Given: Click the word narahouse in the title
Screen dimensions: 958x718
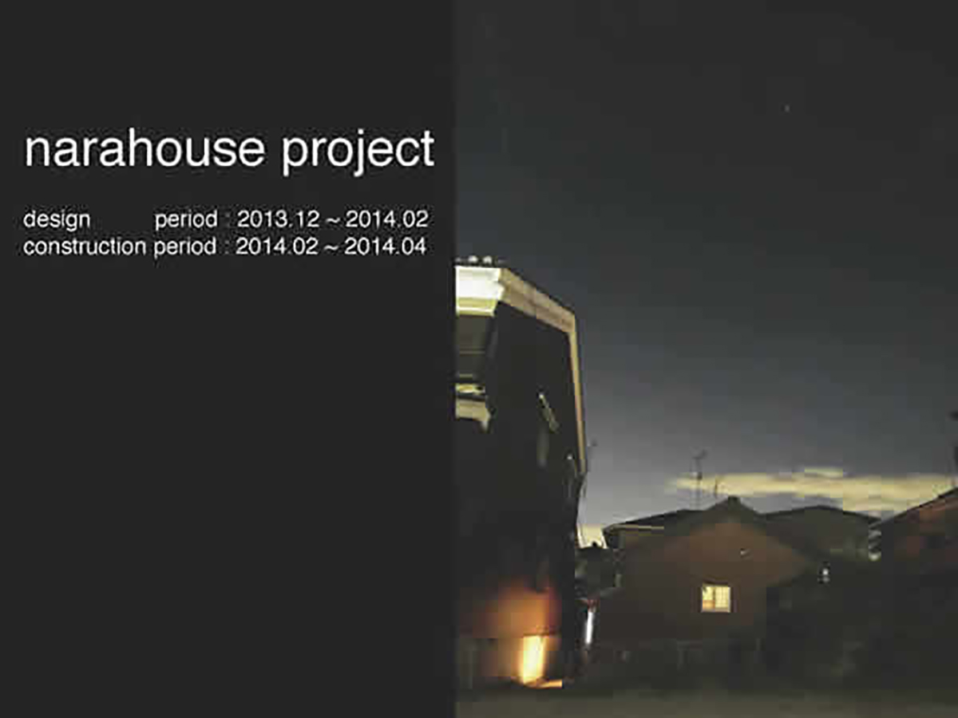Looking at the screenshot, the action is tap(144, 148).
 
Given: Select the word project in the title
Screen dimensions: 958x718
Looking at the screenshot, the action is tap(358, 152).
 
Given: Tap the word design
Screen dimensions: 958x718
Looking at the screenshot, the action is tap(57, 219).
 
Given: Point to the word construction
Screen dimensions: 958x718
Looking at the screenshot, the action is tap(85, 247).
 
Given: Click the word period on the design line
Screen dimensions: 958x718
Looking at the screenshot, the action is tap(186, 219).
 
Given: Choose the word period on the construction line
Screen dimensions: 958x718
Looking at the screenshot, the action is tap(185, 247).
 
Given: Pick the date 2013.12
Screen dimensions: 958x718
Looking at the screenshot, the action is tap(279, 219).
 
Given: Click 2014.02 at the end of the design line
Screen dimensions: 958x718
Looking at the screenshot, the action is tap(386, 219).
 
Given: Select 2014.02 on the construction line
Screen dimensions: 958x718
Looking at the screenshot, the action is tap(277, 247).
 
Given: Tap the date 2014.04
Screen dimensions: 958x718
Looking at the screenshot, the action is tap(386, 247).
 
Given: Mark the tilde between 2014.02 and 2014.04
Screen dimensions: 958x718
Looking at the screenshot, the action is tap(331, 248).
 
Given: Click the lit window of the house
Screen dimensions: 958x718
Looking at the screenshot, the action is tap(716, 598).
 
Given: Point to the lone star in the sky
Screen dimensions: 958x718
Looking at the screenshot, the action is tap(787, 108).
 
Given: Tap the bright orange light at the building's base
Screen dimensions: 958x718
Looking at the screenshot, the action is tap(533, 659).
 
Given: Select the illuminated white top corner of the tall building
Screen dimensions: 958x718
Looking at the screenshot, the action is tap(477, 289).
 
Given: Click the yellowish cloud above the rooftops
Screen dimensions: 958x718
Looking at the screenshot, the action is tap(812, 487).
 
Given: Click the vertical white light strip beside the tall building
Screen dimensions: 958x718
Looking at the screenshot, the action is tap(589, 625).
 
